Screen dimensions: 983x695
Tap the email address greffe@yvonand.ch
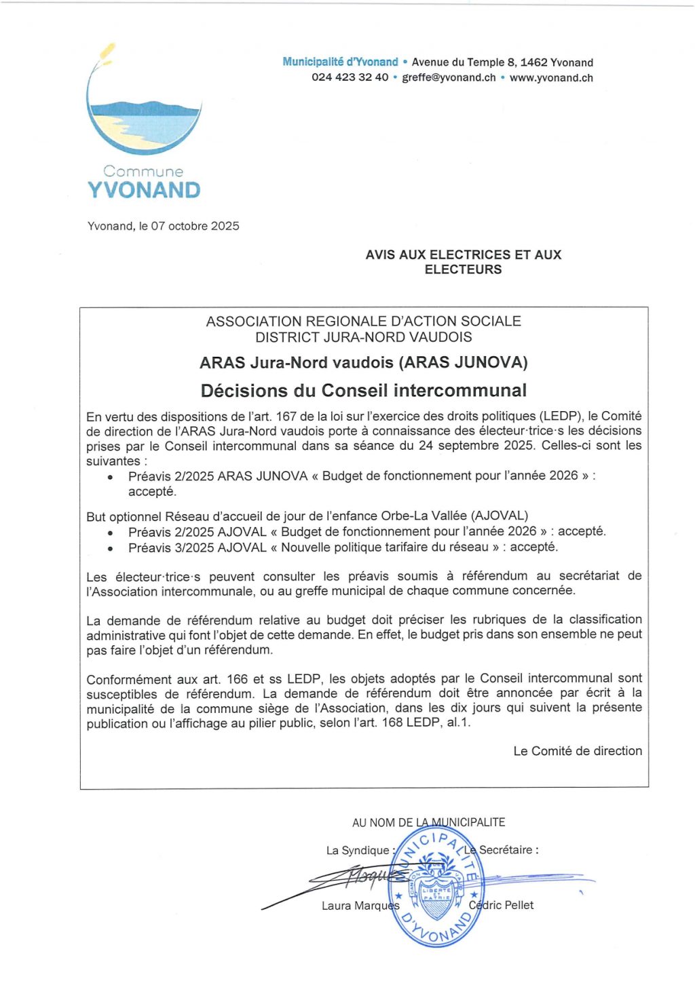(449, 77)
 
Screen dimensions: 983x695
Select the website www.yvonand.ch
(551, 77)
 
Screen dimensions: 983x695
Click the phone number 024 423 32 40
(350, 77)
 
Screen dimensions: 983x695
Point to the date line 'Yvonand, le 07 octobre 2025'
(163, 226)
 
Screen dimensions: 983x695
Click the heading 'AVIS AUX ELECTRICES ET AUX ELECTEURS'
(464, 262)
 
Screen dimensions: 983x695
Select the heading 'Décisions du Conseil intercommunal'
(364, 391)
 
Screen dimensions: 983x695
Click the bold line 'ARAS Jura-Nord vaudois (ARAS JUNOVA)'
(364, 362)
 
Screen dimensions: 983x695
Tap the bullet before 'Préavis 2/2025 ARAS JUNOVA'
(111, 478)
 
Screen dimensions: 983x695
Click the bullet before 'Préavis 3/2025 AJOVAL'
(111, 548)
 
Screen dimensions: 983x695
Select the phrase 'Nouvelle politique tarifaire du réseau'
(385, 547)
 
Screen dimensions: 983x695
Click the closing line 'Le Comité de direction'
(578, 751)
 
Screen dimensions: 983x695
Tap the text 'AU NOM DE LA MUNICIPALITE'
(428, 822)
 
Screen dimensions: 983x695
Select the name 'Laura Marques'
(360, 906)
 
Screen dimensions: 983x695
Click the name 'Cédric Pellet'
(502, 905)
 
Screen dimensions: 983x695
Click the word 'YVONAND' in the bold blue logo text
(144, 191)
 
